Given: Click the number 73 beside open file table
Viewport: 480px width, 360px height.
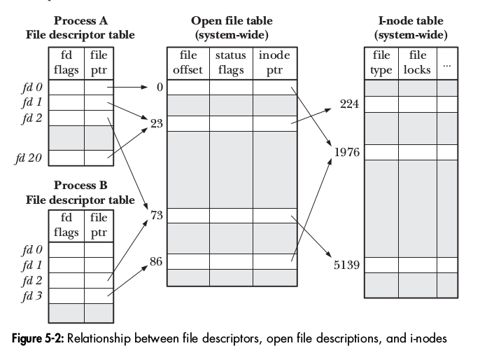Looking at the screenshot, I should click(157, 216).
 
